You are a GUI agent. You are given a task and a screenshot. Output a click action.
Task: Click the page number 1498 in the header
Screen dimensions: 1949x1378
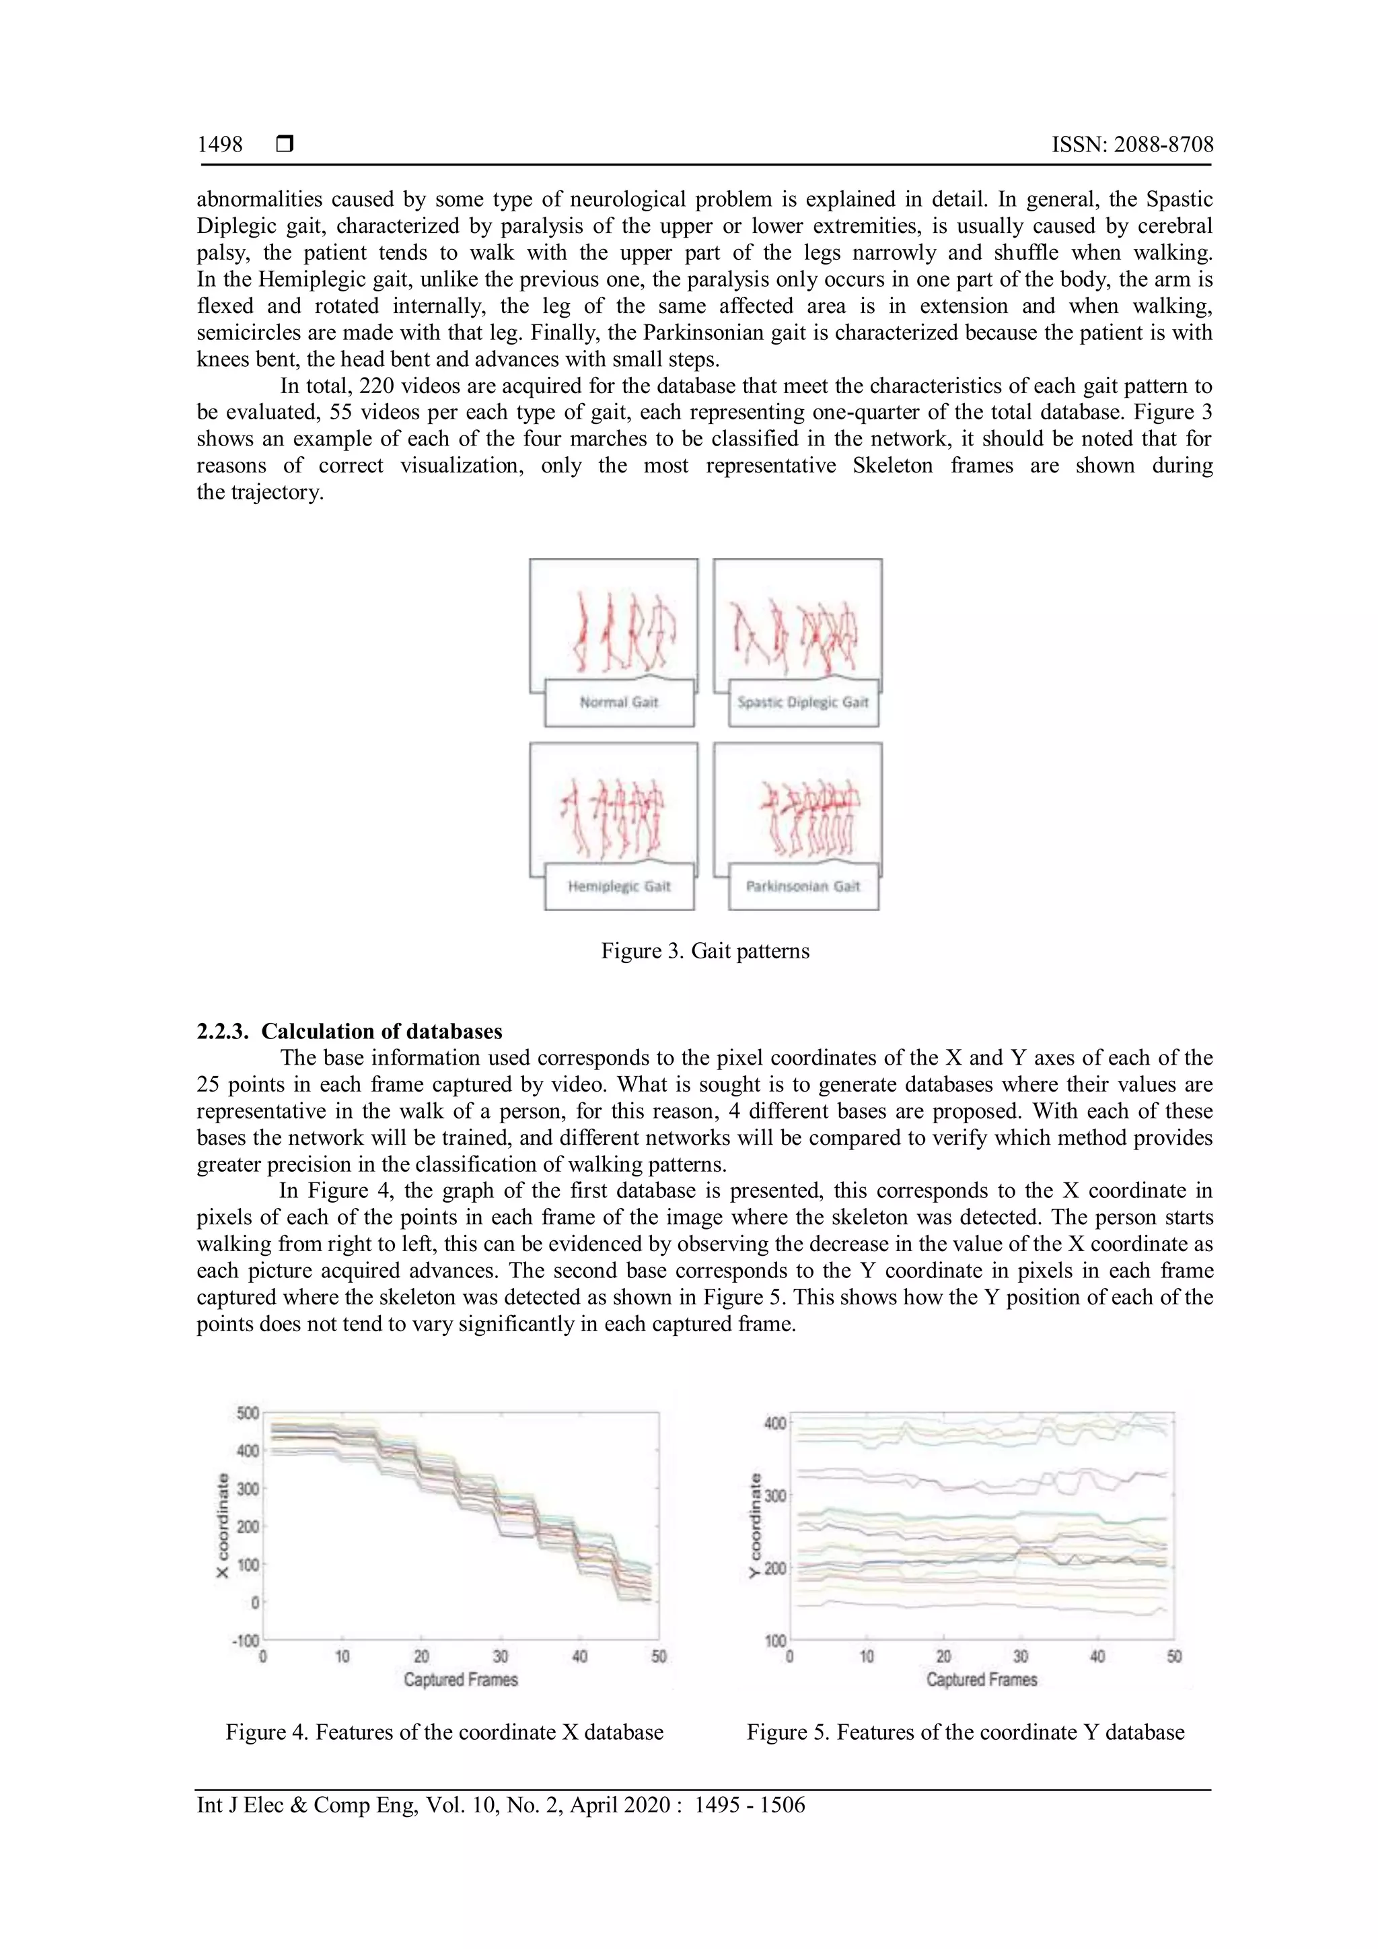(x=220, y=145)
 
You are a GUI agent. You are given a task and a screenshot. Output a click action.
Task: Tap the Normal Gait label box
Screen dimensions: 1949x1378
(x=618, y=702)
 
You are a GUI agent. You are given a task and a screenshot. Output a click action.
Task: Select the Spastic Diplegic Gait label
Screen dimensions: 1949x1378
(x=803, y=702)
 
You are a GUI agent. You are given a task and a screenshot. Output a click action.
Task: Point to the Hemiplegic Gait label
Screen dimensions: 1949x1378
(x=618, y=886)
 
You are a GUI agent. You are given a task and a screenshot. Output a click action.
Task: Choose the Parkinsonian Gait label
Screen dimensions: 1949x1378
(x=803, y=886)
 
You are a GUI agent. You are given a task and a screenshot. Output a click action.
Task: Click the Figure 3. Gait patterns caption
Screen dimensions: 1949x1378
(x=705, y=951)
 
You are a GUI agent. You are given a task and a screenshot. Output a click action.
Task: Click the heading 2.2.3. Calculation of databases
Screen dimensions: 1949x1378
(x=350, y=1032)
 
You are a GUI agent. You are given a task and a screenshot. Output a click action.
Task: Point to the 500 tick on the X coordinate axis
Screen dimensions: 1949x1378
(x=248, y=1413)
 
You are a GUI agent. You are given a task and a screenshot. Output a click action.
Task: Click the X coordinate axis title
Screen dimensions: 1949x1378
(x=223, y=1526)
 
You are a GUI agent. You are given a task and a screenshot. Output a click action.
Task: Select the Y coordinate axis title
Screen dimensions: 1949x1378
(x=754, y=1526)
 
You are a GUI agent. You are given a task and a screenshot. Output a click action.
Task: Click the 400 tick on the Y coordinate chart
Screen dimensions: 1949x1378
(x=776, y=1423)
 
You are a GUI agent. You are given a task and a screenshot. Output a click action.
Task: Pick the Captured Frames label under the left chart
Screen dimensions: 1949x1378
(x=461, y=1680)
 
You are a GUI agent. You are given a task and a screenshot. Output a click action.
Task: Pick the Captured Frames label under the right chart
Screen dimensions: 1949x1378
(x=982, y=1680)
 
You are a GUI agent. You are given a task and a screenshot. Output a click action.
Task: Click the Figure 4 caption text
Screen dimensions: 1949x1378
(x=445, y=1732)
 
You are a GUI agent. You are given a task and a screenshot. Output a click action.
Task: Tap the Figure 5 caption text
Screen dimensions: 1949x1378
(x=966, y=1732)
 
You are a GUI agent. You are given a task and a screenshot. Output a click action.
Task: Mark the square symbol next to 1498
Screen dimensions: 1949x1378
(x=285, y=145)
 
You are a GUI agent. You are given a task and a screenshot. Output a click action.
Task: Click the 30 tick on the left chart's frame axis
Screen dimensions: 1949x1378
(x=501, y=1656)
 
